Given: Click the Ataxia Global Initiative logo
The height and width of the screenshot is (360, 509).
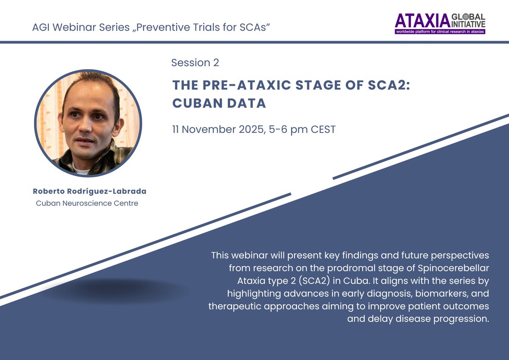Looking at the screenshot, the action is [440, 23].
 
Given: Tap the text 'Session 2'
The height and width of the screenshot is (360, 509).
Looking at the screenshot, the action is [195, 63].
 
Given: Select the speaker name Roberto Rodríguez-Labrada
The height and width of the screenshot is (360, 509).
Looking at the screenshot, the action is [89, 191].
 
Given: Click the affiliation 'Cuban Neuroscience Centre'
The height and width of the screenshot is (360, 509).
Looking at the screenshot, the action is [87, 203].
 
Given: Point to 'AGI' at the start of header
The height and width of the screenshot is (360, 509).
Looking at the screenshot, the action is [41, 28].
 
